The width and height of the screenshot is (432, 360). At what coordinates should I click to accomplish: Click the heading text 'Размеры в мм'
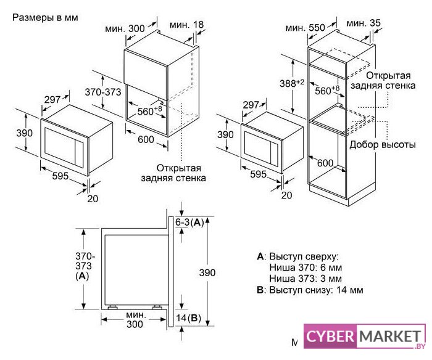(45, 18)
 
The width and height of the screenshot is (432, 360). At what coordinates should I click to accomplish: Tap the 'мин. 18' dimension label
(186, 25)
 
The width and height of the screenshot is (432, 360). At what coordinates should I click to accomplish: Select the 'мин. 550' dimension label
(305, 28)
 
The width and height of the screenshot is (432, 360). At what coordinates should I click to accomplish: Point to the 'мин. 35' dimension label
(363, 23)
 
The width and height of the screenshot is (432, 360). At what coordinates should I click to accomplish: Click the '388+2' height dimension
(292, 83)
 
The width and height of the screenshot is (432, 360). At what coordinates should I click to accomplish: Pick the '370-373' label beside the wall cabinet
(103, 92)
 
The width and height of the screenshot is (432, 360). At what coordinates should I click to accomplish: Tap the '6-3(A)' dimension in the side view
(189, 223)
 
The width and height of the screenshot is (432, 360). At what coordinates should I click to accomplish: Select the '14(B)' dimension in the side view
(188, 318)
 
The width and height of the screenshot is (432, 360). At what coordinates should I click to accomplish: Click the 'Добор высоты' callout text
(383, 144)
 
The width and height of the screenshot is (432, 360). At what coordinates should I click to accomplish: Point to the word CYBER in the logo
(330, 337)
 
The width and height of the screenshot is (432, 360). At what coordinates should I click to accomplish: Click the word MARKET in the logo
(391, 337)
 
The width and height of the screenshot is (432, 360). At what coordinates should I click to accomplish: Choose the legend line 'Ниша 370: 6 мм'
(305, 268)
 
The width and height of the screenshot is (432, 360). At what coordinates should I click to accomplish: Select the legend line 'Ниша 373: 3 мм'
(305, 278)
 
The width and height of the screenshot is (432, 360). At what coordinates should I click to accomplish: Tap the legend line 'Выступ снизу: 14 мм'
(316, 290)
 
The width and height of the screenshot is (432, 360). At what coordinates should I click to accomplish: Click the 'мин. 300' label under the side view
(135, 319)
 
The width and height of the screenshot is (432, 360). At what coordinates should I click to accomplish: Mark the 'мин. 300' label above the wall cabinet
(125, 28)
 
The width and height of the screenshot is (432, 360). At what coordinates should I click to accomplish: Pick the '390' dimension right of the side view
(207, 272)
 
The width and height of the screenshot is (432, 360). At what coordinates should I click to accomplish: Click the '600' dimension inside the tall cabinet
(325, 163)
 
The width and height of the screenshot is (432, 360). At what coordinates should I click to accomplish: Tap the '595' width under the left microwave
(60, 176)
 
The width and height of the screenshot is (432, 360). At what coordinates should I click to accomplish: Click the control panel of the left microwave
(80, 153)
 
